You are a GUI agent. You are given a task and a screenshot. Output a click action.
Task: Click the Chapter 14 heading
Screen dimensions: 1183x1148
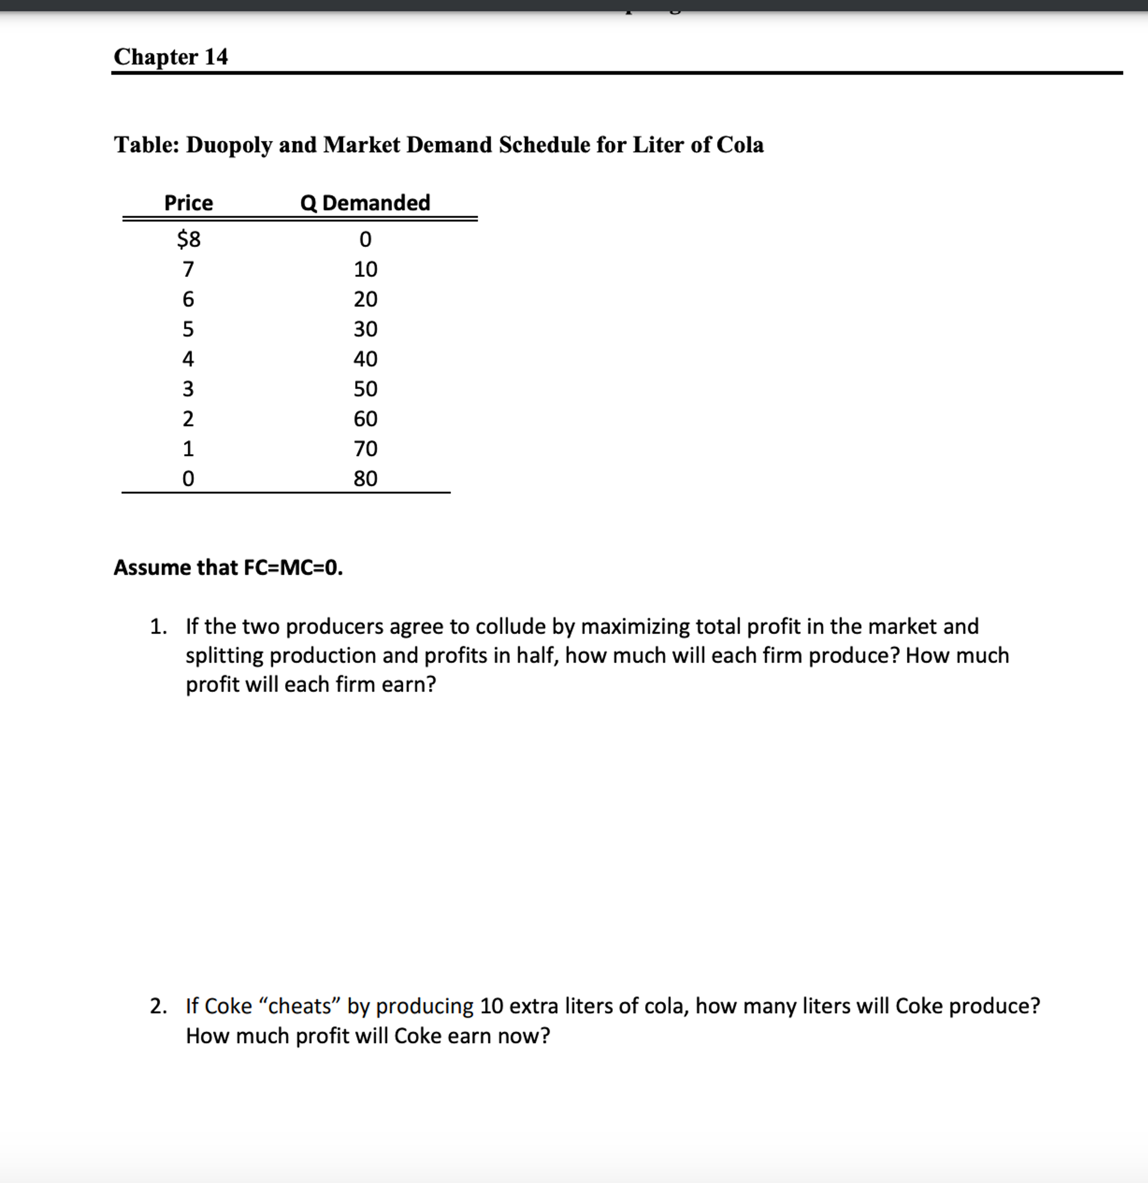(x=171, y=57)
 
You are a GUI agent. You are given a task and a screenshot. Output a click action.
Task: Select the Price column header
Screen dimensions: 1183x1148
(x=188, y=203)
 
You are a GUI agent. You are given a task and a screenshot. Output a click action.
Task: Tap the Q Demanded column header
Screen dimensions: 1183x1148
(x=365, y=203)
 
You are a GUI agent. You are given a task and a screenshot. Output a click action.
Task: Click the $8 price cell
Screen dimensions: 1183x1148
(x=188, y=240)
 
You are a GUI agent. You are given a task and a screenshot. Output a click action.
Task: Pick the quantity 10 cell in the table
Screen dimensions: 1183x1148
(x=365, y=269)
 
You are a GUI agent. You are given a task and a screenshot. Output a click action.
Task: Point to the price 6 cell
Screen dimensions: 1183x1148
(x=188, y=299)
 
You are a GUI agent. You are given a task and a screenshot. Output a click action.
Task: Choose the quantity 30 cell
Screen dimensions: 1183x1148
(x=365, y=329)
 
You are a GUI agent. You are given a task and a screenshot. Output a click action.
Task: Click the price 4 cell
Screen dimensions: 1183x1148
(x=188, y=359)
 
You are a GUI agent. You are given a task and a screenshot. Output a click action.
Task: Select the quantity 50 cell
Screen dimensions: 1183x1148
(x=365, y=389)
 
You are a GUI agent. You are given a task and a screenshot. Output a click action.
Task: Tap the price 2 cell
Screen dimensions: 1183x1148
(x=188, y=419)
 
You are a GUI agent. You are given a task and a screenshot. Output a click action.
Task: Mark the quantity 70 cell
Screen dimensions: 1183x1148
(x=365, y=448)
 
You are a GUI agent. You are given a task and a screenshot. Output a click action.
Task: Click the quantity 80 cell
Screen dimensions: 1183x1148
(x=365, y=479)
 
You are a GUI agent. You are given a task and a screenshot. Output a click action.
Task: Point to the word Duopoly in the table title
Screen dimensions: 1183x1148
(x=229, y=145)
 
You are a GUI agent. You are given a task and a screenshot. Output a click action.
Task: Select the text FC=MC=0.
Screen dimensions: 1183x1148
(x=293, y=568)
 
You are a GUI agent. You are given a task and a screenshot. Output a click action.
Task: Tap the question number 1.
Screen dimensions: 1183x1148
(x=158, y=626)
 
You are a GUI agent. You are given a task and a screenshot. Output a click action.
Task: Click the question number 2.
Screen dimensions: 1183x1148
(x=158, y=1006)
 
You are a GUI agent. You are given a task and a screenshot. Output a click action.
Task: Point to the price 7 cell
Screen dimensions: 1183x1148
(x=188, y=269)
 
